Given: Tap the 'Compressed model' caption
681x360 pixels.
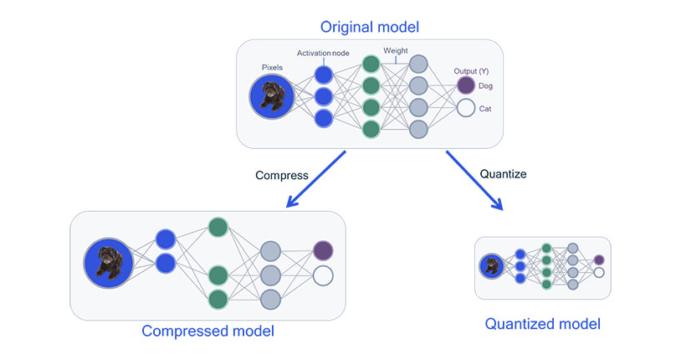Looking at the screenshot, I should click(208, 331).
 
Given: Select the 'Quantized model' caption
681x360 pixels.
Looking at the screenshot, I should click(542, 323).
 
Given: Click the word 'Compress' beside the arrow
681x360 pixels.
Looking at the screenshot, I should click(282, 176).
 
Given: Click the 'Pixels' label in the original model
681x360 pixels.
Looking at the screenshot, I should click(272, 66).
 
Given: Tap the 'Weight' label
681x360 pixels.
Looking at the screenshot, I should click(396, 51).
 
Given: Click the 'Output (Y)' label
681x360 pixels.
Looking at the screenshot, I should click(471, 70).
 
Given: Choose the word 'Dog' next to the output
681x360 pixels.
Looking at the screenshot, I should click(486, 85).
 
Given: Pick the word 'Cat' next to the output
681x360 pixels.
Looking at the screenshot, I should click(485, 108).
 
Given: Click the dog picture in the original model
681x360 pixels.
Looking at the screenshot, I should click(272, 96).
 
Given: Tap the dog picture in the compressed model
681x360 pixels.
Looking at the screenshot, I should click(107, 262).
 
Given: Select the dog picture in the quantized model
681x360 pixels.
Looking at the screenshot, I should click(491, 267).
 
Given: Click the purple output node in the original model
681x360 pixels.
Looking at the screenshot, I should click(465, 85).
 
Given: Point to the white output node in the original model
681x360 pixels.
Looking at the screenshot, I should click(465, 108).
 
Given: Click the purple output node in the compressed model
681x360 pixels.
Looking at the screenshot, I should click(323, 250).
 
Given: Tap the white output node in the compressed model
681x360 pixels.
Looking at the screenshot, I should click(323, 275).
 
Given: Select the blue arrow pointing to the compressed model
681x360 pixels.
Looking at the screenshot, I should click(317, 179).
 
